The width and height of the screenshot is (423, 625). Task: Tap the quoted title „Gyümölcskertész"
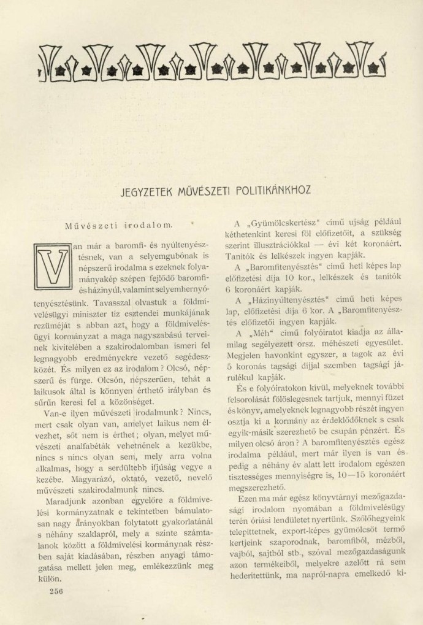click(274, 224)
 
